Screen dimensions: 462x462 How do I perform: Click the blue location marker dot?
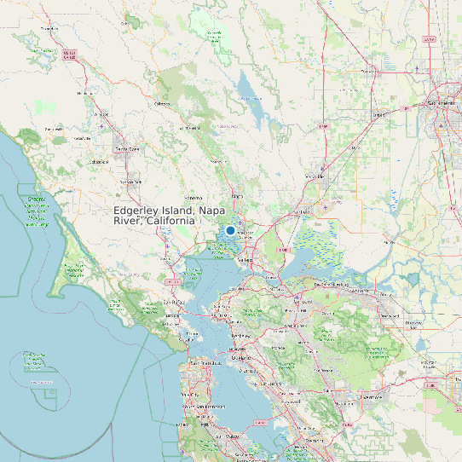tap(230, 230)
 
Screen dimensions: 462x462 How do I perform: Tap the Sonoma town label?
tap(193, 199)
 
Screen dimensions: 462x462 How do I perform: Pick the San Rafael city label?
tap(174, 302)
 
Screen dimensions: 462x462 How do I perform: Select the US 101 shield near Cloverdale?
tap(69, 55)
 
